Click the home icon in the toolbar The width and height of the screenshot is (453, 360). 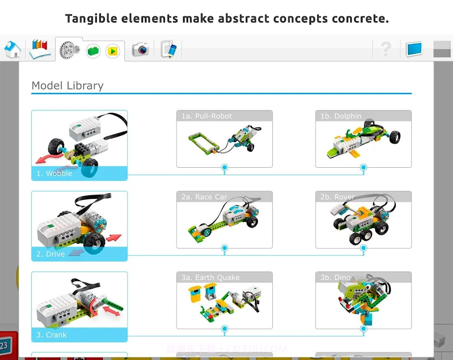[x=13, y=49]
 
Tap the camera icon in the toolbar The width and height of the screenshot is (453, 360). [x=140, y=49]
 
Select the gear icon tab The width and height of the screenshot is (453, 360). [x=69, y=50]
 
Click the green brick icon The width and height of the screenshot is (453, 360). [x=93, y=50]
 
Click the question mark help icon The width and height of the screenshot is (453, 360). [x=385, y=49]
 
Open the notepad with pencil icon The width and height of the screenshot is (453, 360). [x=169, y=49]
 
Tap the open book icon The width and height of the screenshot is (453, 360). [x=40, y=49]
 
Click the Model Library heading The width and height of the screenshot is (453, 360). [x=67, y=85]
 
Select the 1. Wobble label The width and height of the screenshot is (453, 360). [x=54, y=173]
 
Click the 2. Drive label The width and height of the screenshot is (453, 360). [x=50, y=254]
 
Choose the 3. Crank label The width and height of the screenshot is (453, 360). [x=51, y=335]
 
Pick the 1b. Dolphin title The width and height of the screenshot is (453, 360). [x=341, y=116]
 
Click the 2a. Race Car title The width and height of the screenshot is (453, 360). [x=204, y=197]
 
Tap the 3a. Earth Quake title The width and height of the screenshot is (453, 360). [x=210, y=278]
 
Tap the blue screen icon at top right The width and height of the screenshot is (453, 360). [x=414, y=49]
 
